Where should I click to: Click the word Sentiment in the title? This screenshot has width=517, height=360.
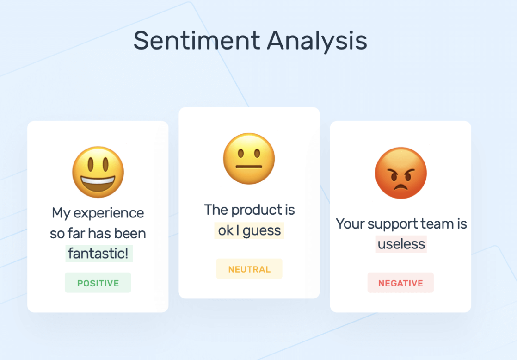point(197,40)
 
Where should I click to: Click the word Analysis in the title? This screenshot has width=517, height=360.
point(317,41)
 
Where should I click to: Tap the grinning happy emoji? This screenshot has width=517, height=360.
point(98,172)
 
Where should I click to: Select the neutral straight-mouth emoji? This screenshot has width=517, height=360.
point(249,158)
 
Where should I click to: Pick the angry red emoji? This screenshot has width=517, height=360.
point(400,173)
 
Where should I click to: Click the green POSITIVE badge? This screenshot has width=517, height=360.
point(98,283)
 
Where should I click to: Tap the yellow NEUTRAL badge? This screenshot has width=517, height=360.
point(249,269)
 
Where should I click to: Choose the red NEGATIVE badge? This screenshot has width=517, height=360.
point(400,283)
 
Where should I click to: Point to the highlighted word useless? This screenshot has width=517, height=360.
point(401,244)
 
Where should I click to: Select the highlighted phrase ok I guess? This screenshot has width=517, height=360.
point(249,230)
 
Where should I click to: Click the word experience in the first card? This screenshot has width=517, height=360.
point(109,213)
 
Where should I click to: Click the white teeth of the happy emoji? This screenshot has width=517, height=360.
point(98,180)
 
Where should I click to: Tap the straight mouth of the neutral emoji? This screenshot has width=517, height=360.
point(249,167)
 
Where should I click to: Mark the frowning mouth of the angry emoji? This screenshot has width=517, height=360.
point(400,187)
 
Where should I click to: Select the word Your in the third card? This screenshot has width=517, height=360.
point(350,223)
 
